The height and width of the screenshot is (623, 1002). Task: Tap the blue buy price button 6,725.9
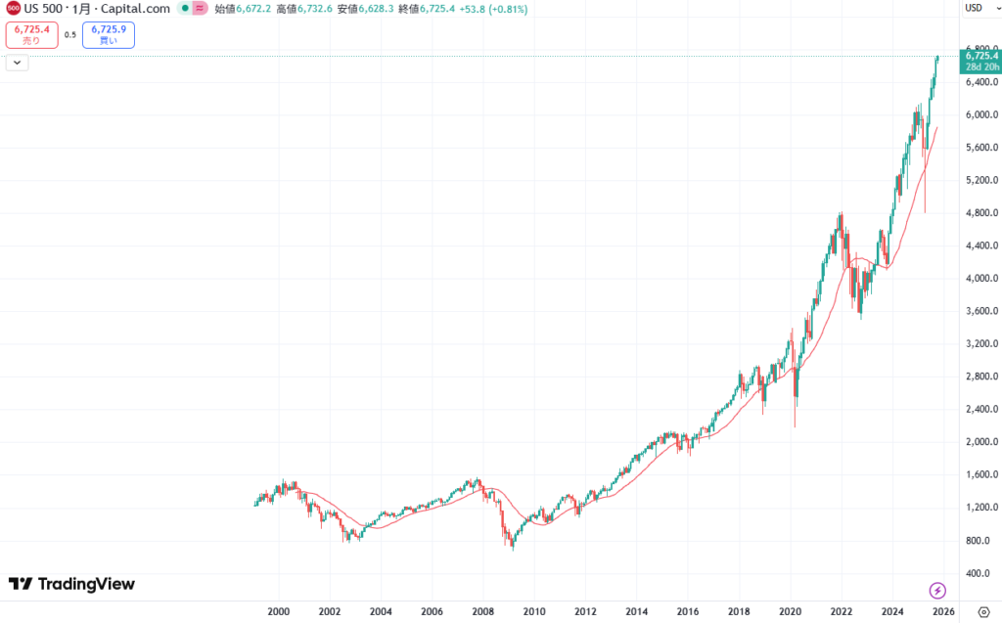point(109,35)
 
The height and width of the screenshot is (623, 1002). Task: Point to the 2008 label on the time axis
point(482,612)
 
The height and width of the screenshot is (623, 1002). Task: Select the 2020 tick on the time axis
point(790,612)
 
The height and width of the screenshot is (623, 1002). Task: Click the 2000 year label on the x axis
point(278,612)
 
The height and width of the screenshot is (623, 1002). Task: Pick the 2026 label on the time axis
point(942,612)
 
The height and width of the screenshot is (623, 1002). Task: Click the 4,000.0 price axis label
point(979,279)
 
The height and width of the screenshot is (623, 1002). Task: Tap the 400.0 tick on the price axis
point(981,573)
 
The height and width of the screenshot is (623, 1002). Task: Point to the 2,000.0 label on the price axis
point(979,442)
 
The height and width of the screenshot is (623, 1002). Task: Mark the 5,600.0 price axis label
point(979,148)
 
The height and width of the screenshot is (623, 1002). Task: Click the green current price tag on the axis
point(979,61)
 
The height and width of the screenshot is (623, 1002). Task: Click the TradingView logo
point(71,584)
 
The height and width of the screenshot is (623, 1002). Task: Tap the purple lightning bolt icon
point(937,590)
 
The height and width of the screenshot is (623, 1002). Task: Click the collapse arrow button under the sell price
point(17,63)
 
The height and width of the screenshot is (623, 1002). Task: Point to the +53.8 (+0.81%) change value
point(493,9)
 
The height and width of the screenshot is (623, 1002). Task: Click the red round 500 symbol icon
point(12,9)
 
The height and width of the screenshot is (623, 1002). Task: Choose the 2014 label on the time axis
point(636,612)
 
